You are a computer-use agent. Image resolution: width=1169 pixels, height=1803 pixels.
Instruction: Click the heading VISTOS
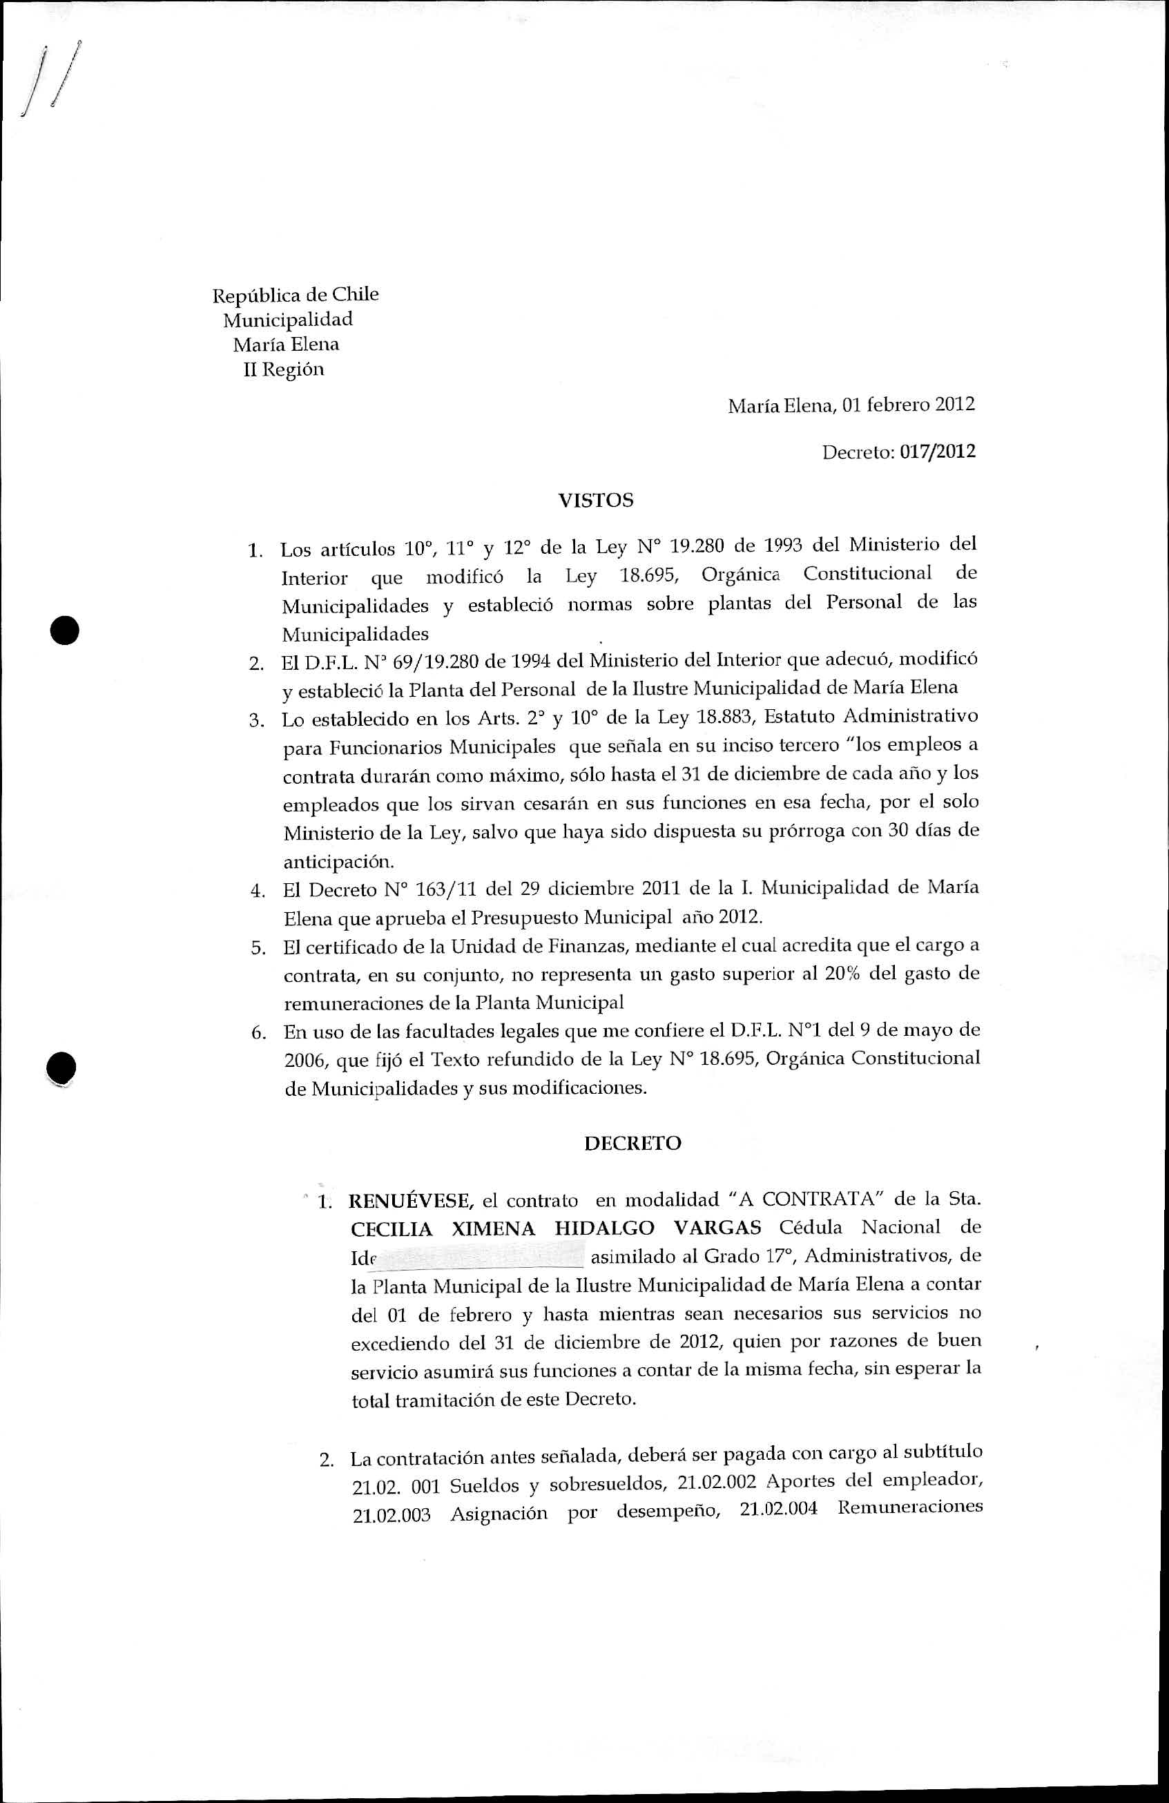pos(595,501)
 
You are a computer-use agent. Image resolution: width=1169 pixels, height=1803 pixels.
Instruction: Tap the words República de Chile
pos(296,294)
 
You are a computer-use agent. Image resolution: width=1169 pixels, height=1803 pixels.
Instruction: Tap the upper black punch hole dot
pos(65,629)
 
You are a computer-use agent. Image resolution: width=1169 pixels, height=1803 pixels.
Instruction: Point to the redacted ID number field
pos(481,1256)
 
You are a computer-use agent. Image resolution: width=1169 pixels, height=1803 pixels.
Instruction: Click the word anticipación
pos(338,862)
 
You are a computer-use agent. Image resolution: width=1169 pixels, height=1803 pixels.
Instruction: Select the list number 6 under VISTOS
pos(258,1032)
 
